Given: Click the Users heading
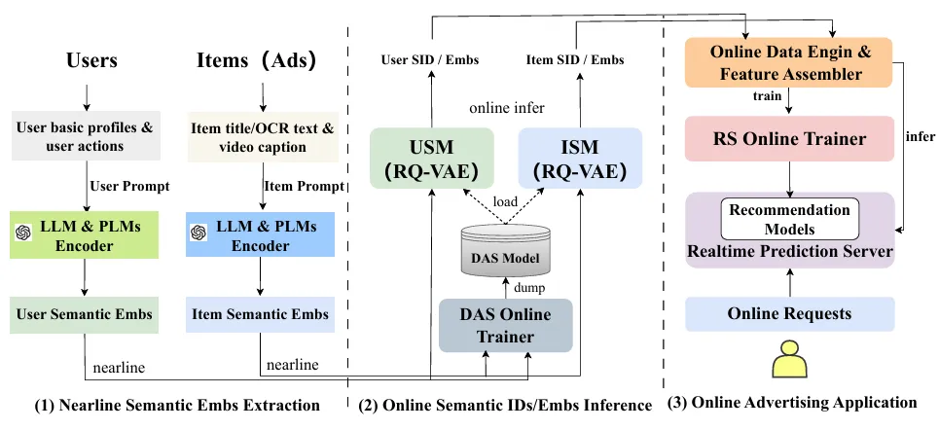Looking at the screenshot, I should (90, 60).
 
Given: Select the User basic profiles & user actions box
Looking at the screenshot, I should (85, 136).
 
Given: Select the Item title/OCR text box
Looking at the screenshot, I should (261, 136).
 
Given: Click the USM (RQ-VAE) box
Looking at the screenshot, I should (431, 161).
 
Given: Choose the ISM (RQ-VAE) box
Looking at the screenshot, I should (580, 161).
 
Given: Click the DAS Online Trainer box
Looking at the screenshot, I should (505, 325).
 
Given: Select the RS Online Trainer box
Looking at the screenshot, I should (789, 139).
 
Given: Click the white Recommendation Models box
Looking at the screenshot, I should (789, 220).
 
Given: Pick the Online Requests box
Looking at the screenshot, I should (789, 313).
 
